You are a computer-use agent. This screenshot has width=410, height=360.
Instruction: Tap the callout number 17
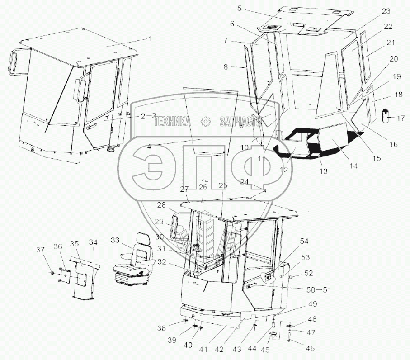(401, 118)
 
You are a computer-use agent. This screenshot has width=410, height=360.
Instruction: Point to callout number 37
(40, 250)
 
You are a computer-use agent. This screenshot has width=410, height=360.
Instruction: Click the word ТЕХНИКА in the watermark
(172, 122)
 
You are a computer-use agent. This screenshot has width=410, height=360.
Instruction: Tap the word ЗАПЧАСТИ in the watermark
(240, 122)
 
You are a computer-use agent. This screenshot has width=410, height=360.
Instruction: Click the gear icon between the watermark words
(205, 121)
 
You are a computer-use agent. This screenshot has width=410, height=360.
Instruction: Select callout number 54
(304, 241)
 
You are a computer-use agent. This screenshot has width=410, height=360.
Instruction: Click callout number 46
(310, 348)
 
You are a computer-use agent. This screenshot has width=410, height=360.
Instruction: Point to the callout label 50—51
(319, 289)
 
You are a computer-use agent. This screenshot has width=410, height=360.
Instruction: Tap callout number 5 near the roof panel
(240, 9)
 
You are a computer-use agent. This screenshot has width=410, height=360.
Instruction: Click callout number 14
(353, 166)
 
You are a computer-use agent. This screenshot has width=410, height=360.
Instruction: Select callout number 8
(226, 67)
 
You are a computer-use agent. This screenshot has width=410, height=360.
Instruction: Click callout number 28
(161, 205)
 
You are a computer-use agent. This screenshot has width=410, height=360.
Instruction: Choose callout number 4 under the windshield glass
(149, 147)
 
